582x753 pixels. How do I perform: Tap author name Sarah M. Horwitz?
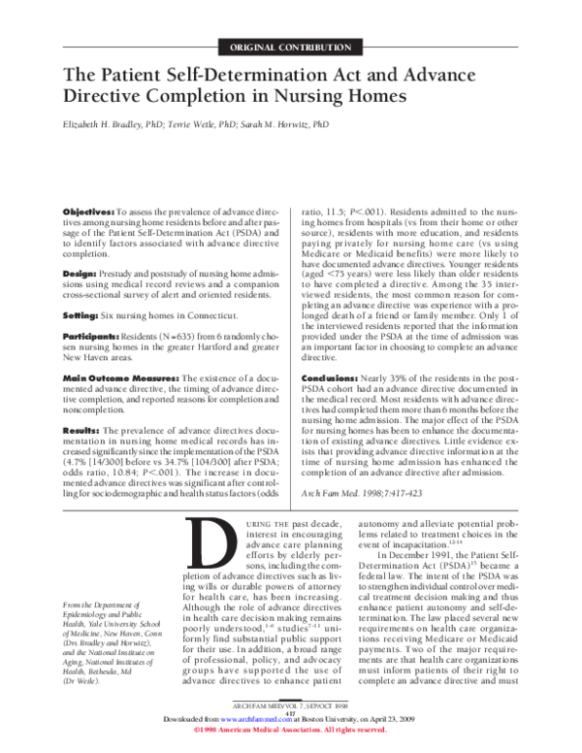click(290, 125)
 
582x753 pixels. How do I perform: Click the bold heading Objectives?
click(88, 210)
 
